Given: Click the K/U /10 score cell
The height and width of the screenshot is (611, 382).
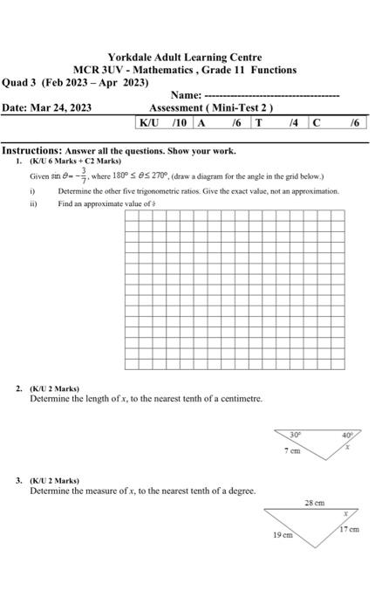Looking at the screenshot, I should [165, 123].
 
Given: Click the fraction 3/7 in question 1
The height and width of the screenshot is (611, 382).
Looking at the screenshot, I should [85, 176].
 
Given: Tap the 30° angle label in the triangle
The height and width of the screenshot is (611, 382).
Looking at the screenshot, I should [296, 434].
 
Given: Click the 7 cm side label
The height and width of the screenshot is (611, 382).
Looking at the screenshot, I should [291, 450].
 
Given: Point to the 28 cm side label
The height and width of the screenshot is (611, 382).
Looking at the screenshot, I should [314, 504].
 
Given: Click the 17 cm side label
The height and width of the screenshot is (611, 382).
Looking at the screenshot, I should [349, 529].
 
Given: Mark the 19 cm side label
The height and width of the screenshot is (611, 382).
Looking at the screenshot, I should [282, 533].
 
